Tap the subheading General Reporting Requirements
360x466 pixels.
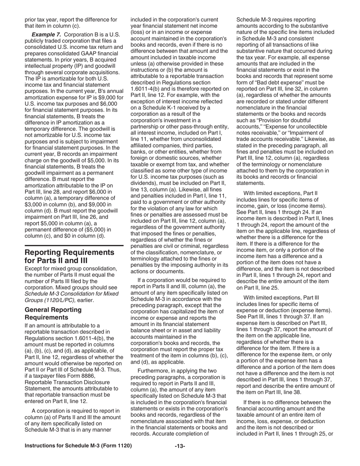coord(53,313)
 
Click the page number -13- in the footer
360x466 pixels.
coord(180,446)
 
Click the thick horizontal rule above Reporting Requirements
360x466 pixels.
coord(74,246)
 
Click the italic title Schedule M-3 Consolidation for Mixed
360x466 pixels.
coord(71,294)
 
